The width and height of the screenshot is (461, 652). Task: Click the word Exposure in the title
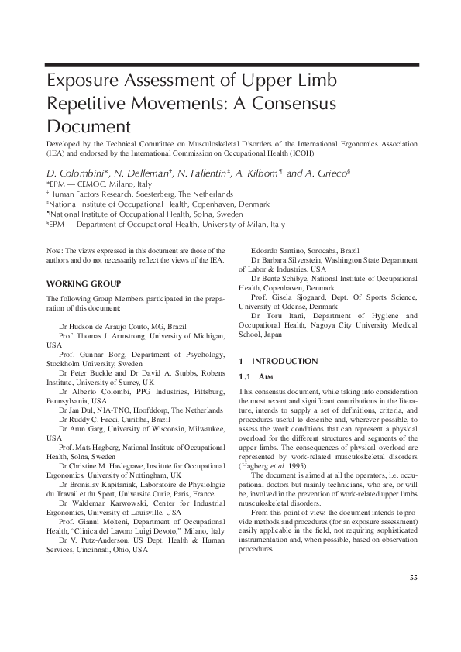[x=84, y=81]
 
